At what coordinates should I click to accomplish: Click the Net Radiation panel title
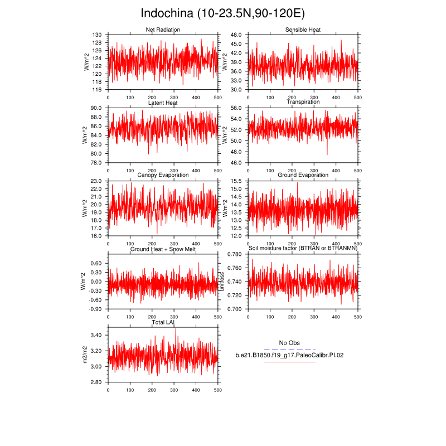pos(162,30)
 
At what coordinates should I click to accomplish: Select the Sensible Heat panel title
pos(303,30)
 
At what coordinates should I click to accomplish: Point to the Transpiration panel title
pos(303,102)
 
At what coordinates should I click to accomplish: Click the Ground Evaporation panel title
pos(303,175)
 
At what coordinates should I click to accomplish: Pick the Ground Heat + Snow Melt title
pos(162,249)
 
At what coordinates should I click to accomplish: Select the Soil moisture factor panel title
pos(303,248)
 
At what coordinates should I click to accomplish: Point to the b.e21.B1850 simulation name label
pos(289,355)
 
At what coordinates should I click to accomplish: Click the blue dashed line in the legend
pos(289,349)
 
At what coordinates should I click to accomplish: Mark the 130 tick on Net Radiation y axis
pos(96,35)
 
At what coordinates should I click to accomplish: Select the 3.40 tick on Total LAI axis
pos(95,335)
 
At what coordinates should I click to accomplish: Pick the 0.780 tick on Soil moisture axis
pos(234,254)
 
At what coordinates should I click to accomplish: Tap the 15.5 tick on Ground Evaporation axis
pos(235,181)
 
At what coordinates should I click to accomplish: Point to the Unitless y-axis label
pos(222,282)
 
